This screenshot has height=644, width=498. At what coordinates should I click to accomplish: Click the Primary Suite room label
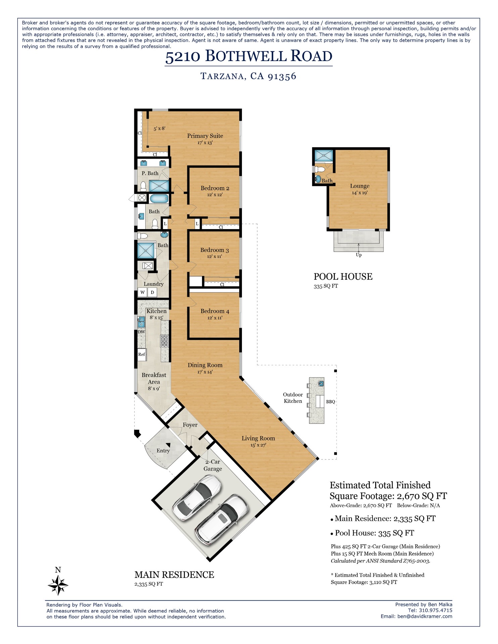pyautogui.click(x=205, y=136)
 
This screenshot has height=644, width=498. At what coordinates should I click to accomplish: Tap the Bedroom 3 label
pyautogui.click(x=214, y=250)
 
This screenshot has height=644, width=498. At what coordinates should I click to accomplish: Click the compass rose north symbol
pyautogui.click(x=58, y=585)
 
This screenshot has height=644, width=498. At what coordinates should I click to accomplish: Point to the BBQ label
pyautogui.click(x=330, y=401)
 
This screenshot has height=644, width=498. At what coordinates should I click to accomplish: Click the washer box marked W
pyautogui.click(x=142, y=292)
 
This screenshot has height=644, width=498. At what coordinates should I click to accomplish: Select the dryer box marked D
pyautogui.click(x=152, y=292)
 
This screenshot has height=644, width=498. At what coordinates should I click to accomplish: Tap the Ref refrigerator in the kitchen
pyautogui.click(x=142, y=354)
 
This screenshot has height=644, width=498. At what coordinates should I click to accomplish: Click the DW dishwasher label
pyautogui.click(x=141, y=332)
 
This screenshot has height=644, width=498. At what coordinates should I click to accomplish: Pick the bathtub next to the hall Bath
pyautogui.click(x=159, y=199)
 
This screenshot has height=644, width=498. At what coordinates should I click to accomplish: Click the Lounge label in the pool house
pyautogui.click(x=359, y=186)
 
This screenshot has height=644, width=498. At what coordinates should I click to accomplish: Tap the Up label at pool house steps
pyautogui.click(x=358, y=255)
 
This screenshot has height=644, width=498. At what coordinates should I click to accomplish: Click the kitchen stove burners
pyautogui.click(x=164, y=341)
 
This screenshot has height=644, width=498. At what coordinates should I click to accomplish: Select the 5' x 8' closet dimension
pyautogui.click(x=159, y=128)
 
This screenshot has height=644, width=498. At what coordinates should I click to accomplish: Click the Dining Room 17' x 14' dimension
pyautogui.click(x=205, y=372)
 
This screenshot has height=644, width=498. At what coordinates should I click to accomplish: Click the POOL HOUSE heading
pyautogui.click(x=343, y=277)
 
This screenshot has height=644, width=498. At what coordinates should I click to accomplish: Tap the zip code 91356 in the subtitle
pyautogui.click(x=282, y=76)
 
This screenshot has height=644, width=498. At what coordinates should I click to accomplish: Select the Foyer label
pyautogui.click(x=190, y=425)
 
